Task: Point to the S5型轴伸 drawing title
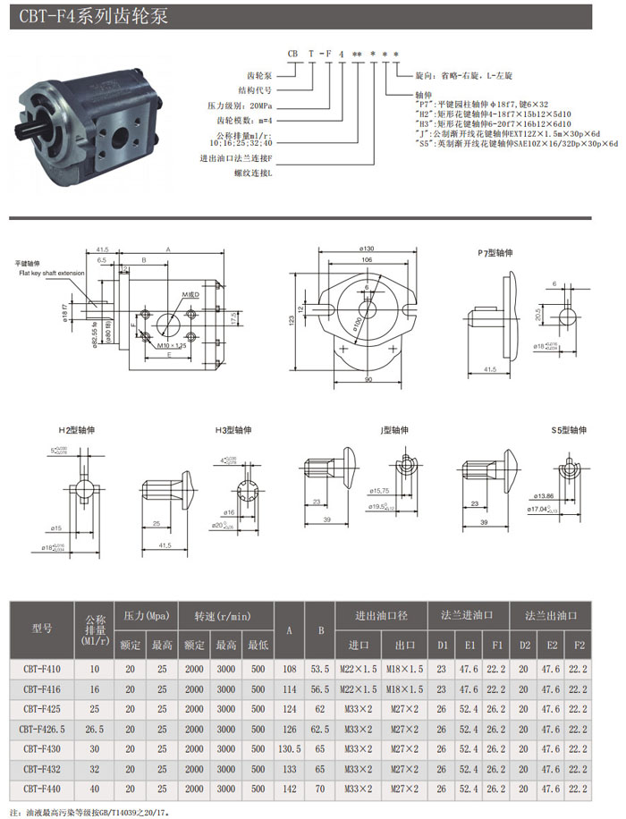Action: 570,429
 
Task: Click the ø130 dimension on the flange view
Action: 368,248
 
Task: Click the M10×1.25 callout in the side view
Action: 171,344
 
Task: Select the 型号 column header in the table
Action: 42,627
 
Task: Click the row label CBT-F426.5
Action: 42,729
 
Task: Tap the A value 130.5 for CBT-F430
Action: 288,747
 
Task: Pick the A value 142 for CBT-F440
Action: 288,789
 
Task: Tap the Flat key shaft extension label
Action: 51,272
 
